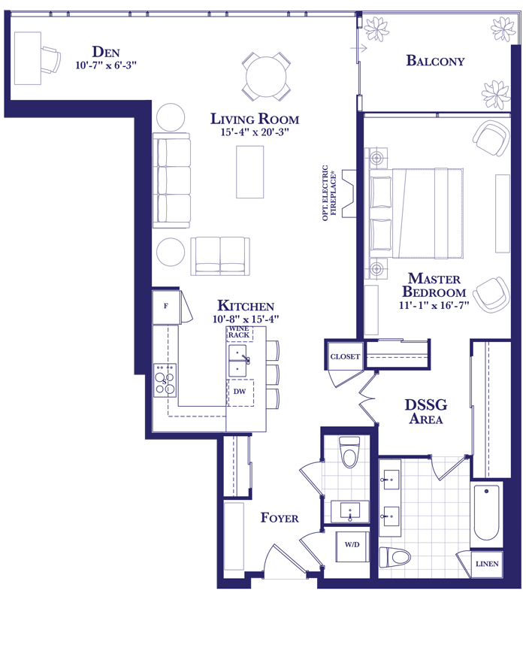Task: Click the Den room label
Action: [x=106, y=52]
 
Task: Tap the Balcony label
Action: [x=435, y=60]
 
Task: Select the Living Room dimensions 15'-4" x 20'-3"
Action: [x=255, y=132]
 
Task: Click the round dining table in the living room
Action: [x=267, y=77]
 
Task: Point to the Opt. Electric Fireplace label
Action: [x=329, y=192]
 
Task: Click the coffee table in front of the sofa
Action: [x=250, y=171]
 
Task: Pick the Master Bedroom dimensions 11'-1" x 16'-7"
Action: [x=434, y=305]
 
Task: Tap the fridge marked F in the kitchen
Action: [x=166, y=307]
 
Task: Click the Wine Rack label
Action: [x=239, y=332]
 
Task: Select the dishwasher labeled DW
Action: [x=240, y=392]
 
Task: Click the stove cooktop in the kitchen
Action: [x=165, y=380]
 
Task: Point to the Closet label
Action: [x=345, y=356]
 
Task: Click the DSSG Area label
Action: [x=426, y=411]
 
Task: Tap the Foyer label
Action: [x=280, y=517]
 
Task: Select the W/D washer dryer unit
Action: [x=352, y=546]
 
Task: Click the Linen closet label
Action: [x=487, y=564]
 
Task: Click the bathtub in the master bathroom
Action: [x=487, y=513]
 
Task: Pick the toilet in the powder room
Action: [x=349, y=452]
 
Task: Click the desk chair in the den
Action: [x=51, y=59]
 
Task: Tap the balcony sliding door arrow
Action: [x=359, y=48]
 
